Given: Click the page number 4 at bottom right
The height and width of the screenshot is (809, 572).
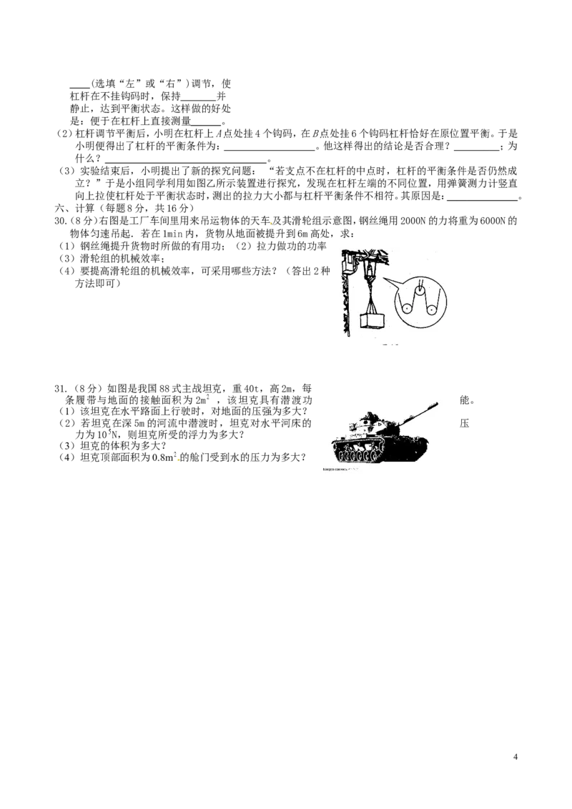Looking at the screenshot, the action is pyautogui.click(x=516, y=758).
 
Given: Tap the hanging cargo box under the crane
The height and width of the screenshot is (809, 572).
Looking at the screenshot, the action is pyautogui.click(x=373, y=320).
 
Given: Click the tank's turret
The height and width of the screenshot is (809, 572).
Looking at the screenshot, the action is pyautogui.click(x=382, y=424).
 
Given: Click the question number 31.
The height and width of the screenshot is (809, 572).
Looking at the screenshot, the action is pyautogui.click(x=60, y=389).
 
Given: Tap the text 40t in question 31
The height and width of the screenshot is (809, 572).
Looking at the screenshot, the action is pyautogui.click(x=252, y=389).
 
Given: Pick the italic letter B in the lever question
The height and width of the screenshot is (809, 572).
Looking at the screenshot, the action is pyautogui.click(x=315, y=134).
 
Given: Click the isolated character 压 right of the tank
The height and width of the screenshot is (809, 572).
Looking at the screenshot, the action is pyautogui.click(x=464, y=424).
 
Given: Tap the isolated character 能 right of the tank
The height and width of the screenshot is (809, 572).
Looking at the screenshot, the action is pyautogui.click(x=464, y=400).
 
